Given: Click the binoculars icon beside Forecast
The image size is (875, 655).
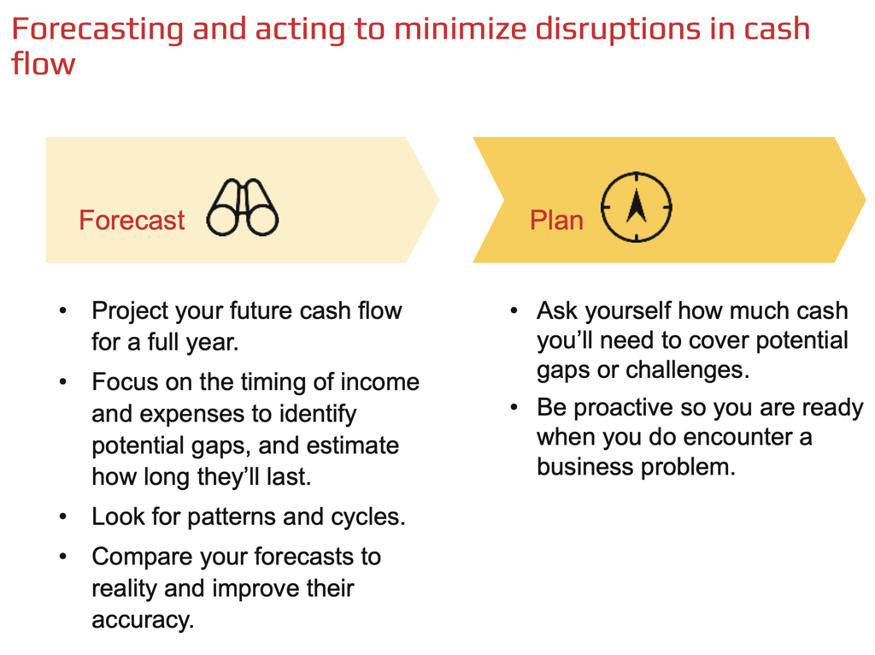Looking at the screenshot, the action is (x=242, y=207).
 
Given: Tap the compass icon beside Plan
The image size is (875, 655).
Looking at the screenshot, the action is (x=636, y=207).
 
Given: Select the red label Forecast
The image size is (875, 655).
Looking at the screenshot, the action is (x=132, y=220).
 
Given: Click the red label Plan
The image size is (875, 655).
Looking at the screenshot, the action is (x=556, y=220).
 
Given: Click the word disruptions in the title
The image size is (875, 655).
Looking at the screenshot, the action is (x=617, y=30).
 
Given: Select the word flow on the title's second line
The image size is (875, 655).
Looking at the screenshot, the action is (x=43, y=63).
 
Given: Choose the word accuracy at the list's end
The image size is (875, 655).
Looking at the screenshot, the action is (x=143, y=621).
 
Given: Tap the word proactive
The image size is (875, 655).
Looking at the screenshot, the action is (x=623, y=409).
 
